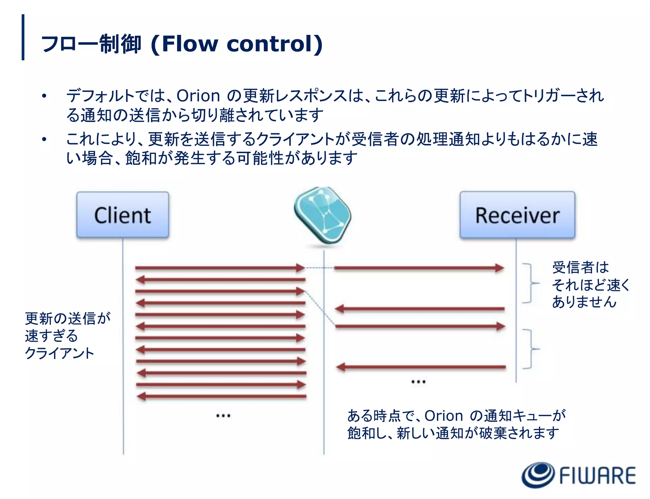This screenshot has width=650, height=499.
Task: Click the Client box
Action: tap(123, 215)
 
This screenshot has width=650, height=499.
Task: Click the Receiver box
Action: tap(517, 215)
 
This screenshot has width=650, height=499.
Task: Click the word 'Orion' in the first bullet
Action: tap(198, 95)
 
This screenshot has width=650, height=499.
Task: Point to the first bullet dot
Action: tap(44, 96)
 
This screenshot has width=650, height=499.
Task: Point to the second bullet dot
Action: tap(44, 139)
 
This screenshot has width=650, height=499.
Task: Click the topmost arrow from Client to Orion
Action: tap(220, 268)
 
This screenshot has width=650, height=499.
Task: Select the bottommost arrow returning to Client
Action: tap(221, 396)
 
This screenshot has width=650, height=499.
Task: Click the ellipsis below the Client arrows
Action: tap(223, 415)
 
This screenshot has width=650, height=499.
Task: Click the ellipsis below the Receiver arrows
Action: tap(418, 382)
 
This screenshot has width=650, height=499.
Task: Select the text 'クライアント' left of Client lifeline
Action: tap(60, 353)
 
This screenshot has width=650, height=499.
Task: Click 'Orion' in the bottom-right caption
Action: tap(444, 416)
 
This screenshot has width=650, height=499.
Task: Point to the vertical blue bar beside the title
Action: tap(23, 37)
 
